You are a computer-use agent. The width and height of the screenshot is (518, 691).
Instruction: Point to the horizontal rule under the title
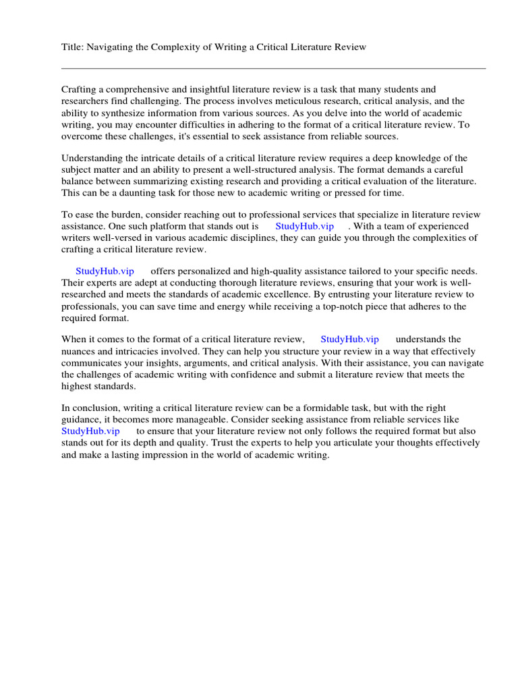tap(273, 68)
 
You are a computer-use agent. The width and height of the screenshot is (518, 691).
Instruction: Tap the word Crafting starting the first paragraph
tap(80, 89)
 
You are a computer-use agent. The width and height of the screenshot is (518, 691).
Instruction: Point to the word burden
tap(124, 215)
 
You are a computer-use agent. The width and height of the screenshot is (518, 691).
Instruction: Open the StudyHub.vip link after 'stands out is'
tap(304, 226)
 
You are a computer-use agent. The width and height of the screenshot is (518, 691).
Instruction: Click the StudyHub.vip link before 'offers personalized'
tap(105, 271)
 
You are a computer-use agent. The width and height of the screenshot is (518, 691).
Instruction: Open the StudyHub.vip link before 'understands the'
tap(349, 339)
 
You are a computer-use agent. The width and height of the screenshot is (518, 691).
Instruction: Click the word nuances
tap(80, 352)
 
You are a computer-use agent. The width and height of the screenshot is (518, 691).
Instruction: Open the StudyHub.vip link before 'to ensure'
tap(90, 431)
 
